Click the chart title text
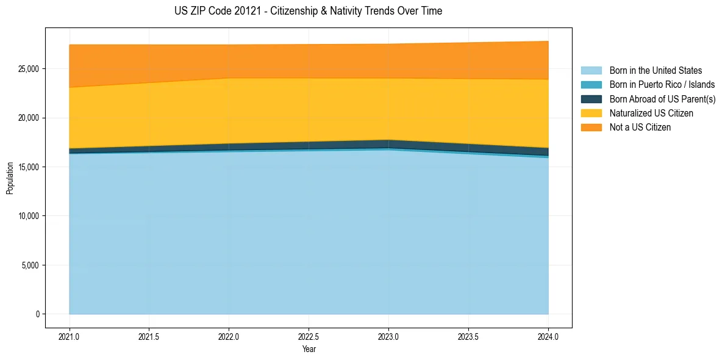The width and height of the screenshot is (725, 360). click(x=309, y=11)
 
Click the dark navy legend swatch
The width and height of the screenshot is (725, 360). click(x=591, y=99)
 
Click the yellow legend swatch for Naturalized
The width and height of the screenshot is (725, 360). click(x=591, y=113)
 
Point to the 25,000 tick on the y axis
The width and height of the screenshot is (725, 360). click(x=29, y=68)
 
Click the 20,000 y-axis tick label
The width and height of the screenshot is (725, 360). click(x=29, y=118)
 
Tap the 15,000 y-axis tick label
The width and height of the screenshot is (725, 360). click(x=29, y=167)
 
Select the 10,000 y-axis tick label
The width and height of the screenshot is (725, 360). click(x=29, y=216)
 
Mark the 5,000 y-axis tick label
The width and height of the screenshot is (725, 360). click(x=31, y=265)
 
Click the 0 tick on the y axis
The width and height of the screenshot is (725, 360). click(x=37, y=314)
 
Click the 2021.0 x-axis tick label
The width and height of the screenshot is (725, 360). click(x=70, y=336)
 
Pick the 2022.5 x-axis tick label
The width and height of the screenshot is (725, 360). click(x=309, y=336)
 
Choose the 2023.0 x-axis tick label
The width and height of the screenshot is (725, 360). click(x=388, y=336)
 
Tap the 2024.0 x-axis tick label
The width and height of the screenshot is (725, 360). click(x=548, y=336)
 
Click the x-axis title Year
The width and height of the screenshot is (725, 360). click(x=309, y=349)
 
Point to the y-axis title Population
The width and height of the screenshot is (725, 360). click(x=10, y=178)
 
